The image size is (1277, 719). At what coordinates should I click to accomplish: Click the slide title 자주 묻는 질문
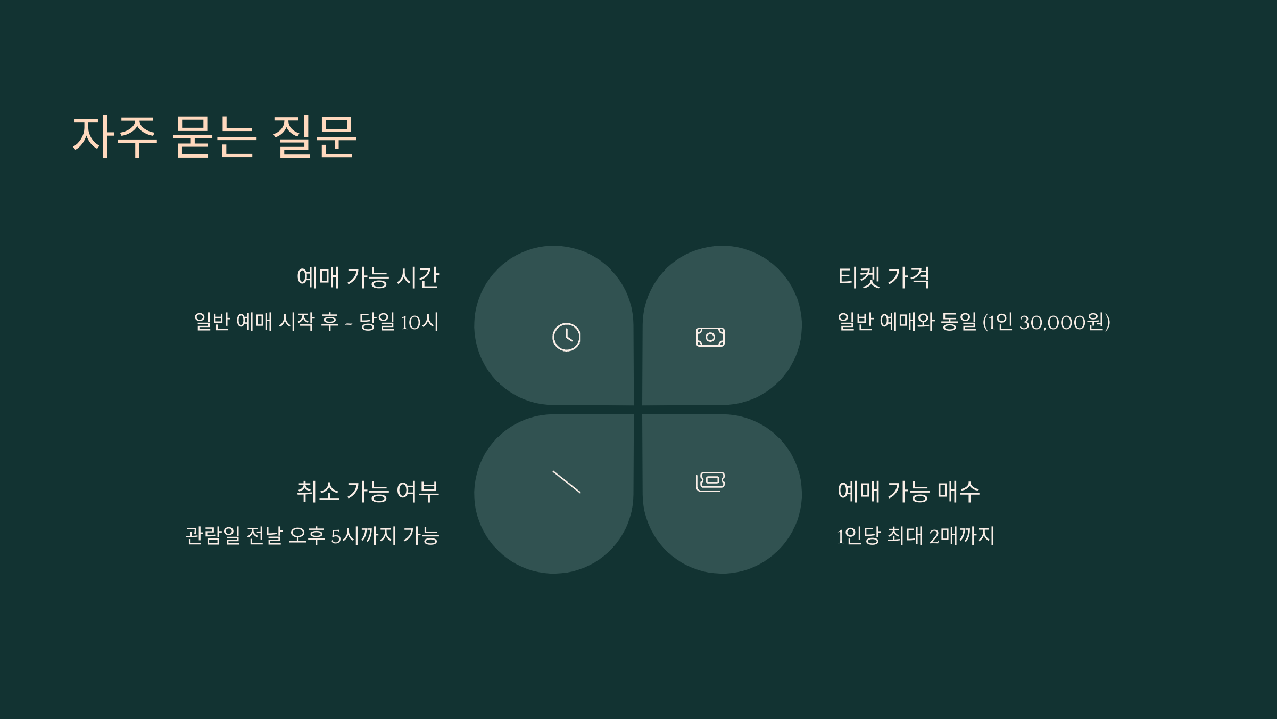[x=214, y=137]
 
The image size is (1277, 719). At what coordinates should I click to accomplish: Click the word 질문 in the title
[x=314, y=137]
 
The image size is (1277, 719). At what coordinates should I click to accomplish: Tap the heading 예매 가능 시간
[x=368, y=277]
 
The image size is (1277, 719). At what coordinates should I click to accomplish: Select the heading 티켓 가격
[x=884, y=277]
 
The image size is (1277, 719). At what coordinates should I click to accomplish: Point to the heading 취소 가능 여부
[x=368, y=491]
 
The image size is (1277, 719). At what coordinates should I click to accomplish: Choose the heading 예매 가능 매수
[x=909, y=491]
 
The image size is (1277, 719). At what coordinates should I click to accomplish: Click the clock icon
[x=566, y=337]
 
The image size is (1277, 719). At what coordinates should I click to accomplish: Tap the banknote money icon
[x=710, y=337]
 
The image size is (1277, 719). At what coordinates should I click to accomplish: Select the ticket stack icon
[x=710, y=481]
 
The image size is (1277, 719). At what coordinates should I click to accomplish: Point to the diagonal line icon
[x=566, y=482]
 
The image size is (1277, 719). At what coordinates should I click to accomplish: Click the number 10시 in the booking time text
[x=420, y=322]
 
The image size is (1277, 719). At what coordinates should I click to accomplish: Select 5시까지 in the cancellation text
[x=364, y=536]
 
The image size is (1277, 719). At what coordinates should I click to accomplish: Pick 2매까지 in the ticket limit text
[x=962, y=536]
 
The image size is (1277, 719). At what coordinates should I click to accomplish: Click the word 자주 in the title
[x=114, y=137]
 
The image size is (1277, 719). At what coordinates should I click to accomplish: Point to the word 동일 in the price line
[x=959, y=322]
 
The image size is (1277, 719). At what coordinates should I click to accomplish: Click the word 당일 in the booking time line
[x=377, y=322]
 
